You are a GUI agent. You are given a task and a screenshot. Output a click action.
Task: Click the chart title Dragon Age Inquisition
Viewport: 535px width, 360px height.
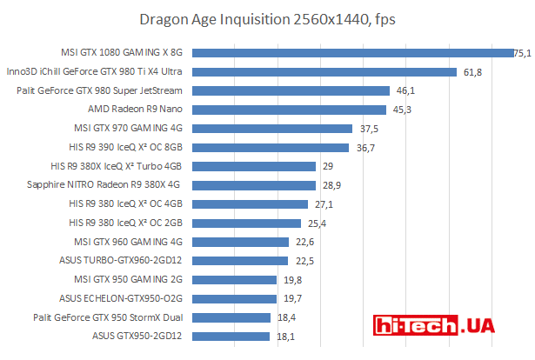point(267,18)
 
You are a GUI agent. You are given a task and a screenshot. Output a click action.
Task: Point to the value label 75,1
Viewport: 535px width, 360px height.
point(523,53)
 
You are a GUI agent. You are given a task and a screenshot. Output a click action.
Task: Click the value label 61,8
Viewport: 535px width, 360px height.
point(472,72)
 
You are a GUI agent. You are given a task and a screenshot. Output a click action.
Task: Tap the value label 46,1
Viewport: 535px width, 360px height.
point(405,90)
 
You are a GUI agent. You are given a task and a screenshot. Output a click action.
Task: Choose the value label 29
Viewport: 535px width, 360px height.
point(328,166)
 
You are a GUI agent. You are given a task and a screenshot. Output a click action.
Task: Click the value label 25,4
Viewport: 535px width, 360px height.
point(316,223)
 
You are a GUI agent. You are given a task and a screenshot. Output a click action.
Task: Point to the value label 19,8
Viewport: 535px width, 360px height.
point(292,279)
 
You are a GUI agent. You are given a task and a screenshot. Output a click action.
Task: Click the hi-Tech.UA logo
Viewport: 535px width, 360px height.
point(435,325)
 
